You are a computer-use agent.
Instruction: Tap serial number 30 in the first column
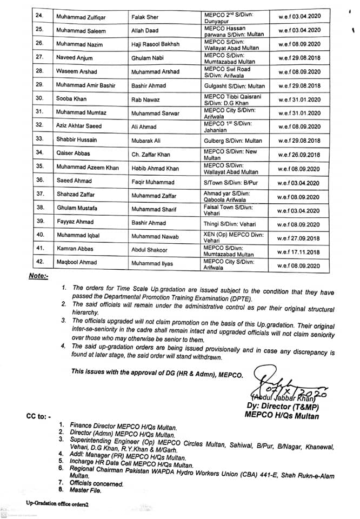point(39,99)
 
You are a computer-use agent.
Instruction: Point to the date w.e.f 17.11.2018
point(299,252)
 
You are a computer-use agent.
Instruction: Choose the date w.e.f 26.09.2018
point(299,155)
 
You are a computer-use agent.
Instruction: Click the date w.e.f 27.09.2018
point(299,238)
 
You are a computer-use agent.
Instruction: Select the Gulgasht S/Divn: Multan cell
point(234,85)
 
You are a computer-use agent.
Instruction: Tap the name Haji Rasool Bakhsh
point(155,44)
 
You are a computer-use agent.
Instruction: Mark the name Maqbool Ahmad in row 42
point(77,263)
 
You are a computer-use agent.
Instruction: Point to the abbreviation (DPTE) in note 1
point(229,299)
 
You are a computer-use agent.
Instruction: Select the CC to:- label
point(38,417)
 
